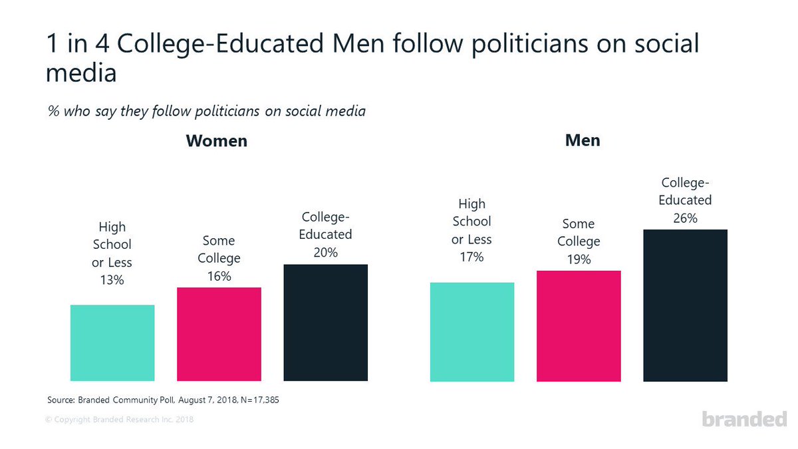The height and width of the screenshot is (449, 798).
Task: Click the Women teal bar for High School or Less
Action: coord(112,343)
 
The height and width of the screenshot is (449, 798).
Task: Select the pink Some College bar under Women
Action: coord(219,334)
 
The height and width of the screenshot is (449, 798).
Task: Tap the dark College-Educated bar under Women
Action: coord(326,323)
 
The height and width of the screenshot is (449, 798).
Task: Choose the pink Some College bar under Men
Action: coord(579,326)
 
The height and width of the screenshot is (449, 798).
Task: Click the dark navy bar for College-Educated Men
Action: coord(685,305)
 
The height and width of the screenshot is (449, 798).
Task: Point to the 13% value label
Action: coord(112,280)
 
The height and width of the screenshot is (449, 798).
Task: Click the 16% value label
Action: coord(219,275)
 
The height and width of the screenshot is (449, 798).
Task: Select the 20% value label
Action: coord(326,252)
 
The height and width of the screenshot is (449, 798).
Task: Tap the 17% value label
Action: coord(472,256)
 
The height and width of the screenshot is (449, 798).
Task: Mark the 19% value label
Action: coord(579,259)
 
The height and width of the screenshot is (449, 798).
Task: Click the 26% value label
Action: coord(685,218)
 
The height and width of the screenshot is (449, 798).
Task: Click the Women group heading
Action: coord(216,141)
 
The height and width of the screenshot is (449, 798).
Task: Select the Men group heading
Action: coord(582,141)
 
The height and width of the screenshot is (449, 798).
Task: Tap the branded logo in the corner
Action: coord(744,418)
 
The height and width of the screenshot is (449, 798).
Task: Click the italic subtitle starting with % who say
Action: coord(207,111)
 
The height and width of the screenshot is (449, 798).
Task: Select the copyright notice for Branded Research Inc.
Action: coord(120,420)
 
